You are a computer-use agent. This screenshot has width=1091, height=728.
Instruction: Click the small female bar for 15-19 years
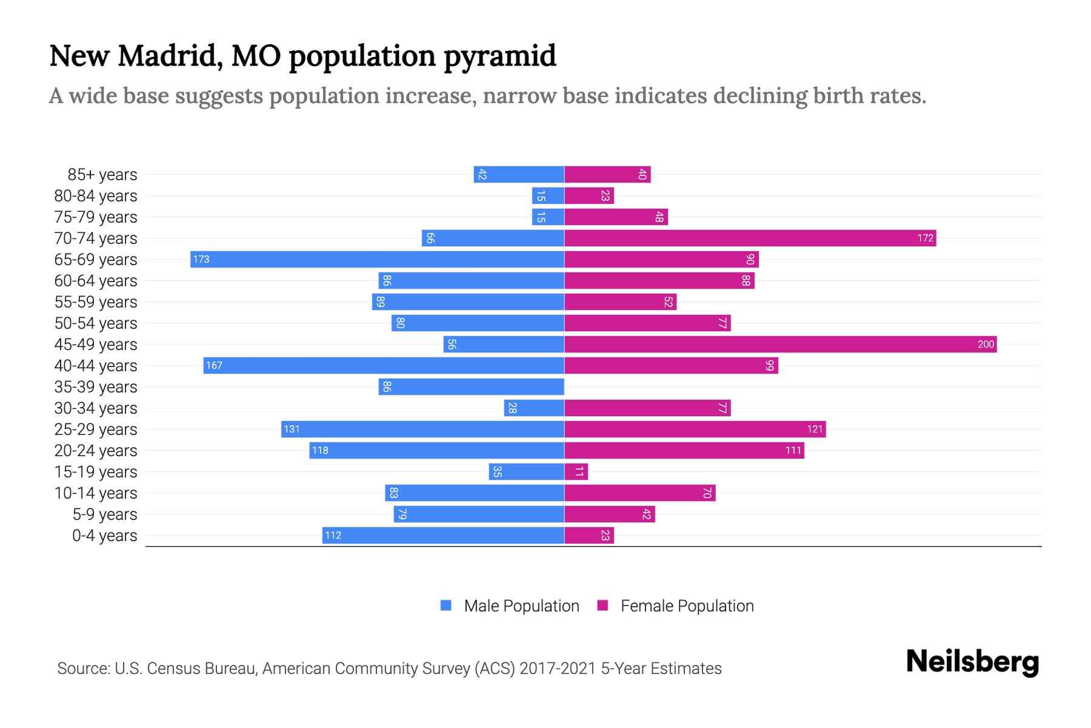click(576, 471)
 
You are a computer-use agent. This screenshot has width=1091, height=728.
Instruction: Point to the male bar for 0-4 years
click(443, 535)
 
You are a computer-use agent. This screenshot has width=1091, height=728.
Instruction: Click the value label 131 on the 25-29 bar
click(292, 429)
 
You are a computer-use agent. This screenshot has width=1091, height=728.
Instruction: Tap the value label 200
click(986, 344)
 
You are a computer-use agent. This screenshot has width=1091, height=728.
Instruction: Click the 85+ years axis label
click(102, 175)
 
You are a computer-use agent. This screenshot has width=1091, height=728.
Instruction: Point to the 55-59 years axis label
click(96, 302)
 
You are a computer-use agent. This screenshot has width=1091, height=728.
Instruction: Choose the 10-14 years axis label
click(96, 493)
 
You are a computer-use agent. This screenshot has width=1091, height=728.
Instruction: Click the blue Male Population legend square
click(446, 605)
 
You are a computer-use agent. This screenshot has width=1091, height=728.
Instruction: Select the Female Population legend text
click(687, 605)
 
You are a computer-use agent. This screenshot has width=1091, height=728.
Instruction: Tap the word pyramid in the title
click(500, 56)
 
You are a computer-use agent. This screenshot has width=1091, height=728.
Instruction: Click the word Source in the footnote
click(83, 669)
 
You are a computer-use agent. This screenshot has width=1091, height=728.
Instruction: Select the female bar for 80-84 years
click(589, 195)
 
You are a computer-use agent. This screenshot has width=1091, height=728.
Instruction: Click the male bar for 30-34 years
click(534, 408)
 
